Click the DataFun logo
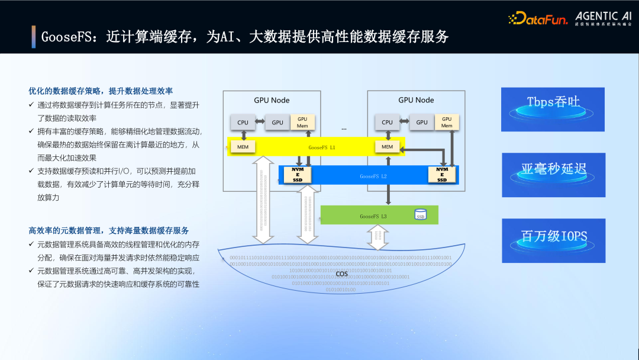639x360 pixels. [x=537, y=19]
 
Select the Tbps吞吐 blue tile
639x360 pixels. [x=553, y=110]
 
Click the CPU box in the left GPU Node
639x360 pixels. [x=243, y=123]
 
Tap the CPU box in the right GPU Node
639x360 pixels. [x=387, y=123]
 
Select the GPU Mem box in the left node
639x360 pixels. [x=302, y=122]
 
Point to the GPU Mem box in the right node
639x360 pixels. [x=447, y=122]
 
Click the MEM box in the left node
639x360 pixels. [x=243, y=147]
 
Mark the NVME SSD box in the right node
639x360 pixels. [x=442, y=175]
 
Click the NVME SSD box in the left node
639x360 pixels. [x=298, y=175]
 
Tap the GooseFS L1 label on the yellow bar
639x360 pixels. [x=322, y=147]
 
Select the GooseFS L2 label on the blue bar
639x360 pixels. [x=373, y=176]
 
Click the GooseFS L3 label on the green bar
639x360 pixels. [x=373, y=216]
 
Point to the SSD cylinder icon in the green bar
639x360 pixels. [x=420, y=215]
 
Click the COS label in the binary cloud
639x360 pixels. [x=341, y=274]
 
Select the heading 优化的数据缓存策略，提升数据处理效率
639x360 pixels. [x=101, y=91]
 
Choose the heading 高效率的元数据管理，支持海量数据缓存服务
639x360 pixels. [x=109, y=230]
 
